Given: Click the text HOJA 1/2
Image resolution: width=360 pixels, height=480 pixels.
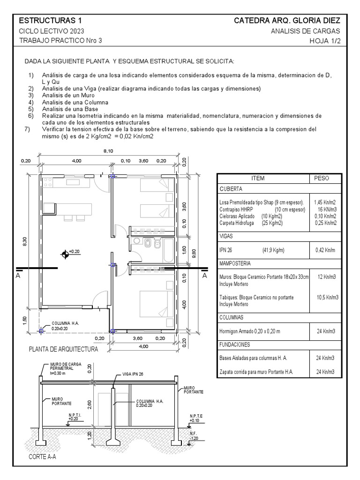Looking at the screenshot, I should tap(325, 40).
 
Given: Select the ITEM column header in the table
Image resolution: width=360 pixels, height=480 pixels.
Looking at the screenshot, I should tap(258, 179).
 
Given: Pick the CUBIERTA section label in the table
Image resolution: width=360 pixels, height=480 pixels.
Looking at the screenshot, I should tap(231, 188).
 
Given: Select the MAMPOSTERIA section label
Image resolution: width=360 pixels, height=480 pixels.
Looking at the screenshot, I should tap(235, 263).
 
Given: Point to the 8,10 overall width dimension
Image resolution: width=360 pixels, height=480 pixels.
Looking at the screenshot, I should tap(108, 151).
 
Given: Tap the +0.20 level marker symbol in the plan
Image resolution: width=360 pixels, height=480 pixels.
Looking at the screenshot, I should tap(65, 255).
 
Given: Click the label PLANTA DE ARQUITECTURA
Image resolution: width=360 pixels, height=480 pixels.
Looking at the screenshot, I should tap(63, 349).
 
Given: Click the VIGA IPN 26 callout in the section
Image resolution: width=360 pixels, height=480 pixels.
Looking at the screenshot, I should tap(133, 374).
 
